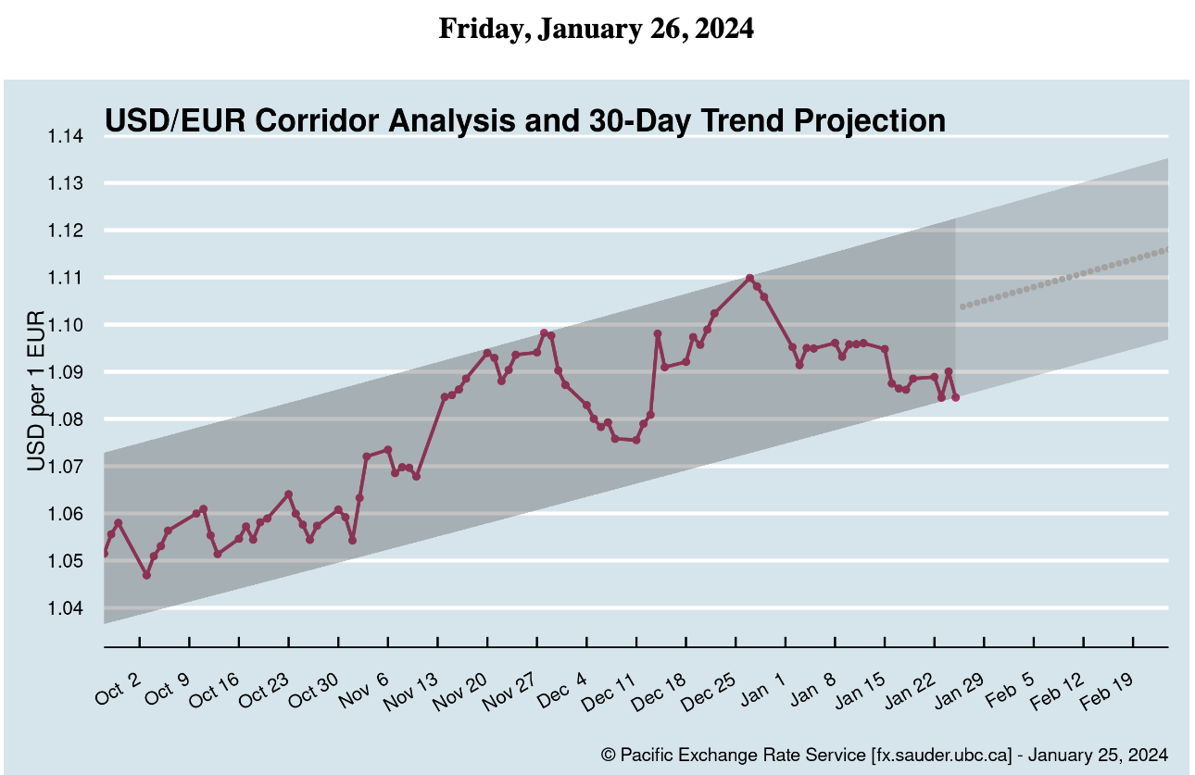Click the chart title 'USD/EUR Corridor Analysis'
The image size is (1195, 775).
[524, 121]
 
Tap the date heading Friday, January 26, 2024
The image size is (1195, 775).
[597, 29]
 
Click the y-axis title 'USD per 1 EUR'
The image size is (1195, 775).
[36, 392]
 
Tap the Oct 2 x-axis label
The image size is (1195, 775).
[118, 692]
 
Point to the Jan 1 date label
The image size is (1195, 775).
[762, 692]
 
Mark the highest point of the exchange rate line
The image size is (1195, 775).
[749, 278]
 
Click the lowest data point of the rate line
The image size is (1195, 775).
[146, 575]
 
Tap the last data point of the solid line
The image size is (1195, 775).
[955, 397]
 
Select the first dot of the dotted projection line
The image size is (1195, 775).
[962, 306]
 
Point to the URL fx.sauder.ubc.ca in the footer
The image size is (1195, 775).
[943, 755]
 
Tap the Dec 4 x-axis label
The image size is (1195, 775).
[561, 692]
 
